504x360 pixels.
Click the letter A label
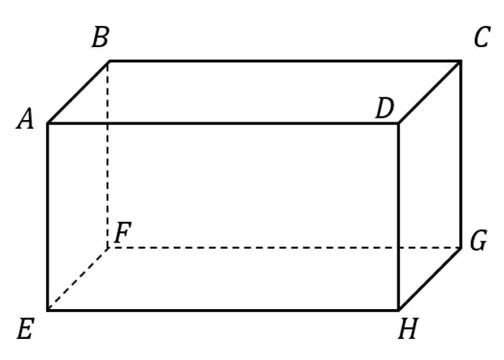pos(26,120)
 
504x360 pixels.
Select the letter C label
pos(481,38)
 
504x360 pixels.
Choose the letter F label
pos(122,233)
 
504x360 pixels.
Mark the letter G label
pos(478,242)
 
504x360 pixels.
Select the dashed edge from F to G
pos(282,248)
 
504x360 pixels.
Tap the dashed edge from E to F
pos(78,278)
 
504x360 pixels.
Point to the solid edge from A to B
pos(78,92)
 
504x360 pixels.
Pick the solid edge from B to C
pos(282,60)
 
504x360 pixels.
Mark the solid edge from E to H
pos(223,310)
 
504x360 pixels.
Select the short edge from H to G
pos(430,278)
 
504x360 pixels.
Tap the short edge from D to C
pos(430,92)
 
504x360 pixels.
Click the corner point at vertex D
pos(398,123)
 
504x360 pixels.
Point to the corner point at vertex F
pos(108,248)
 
